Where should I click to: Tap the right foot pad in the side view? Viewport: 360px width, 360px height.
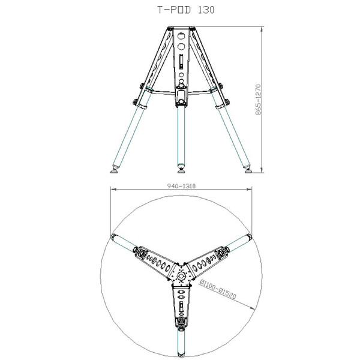[248, 170]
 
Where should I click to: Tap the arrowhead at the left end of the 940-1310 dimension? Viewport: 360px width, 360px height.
[112, 190]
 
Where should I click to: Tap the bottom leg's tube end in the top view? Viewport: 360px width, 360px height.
[181, 354]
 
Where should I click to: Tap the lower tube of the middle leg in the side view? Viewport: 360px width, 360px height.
[181, 135]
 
